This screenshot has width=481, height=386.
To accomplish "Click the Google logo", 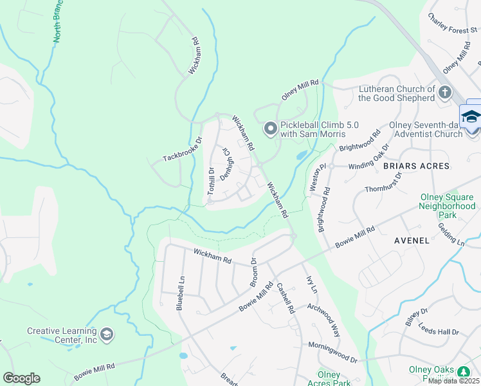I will pyautogui.click(x=21, y=378).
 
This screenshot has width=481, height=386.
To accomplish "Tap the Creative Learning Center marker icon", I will pyautogui.click(x=107, y=335).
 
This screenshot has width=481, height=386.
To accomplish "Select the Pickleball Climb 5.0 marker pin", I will pyautogui.click(x=271, y=129).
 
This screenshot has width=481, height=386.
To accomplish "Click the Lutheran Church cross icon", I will pyautogui.click(x=445, y=93).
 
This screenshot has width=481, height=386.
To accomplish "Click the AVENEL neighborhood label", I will pyautogui.click(x=412, y=240).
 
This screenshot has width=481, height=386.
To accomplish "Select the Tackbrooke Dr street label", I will pyautogui.click(x=183, y=149).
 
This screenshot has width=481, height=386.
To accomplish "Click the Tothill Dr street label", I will pyautogui.click(x=210, y=181).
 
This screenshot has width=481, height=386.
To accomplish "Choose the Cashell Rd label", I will pyautogui.click(x=286, y=299).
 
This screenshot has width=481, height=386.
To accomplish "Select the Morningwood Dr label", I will pyautogui.click(x=332, y=353).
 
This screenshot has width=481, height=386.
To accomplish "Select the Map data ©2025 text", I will pyautogui.click(x=454, y=381).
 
